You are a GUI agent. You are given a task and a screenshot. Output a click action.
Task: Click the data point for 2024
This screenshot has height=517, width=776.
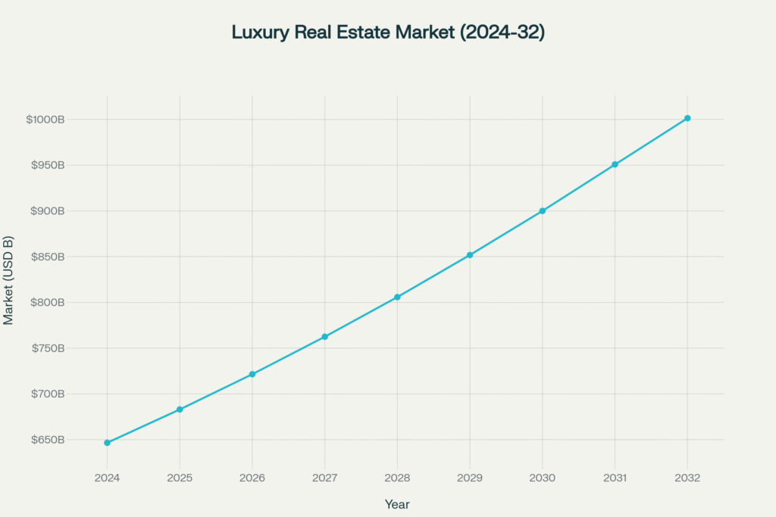[x=107, y=443]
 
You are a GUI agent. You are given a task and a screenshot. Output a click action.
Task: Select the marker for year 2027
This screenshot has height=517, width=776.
[x=324, y=337]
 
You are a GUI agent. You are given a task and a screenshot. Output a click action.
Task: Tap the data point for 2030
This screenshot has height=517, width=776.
[x=543, y=211]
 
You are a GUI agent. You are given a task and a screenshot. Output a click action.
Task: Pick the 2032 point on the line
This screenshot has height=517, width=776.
[x=687, y=118]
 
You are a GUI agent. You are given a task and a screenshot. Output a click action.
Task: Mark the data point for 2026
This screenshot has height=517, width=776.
[x=252, y=374]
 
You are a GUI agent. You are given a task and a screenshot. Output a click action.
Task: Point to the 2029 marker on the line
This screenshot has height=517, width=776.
[x=470, y=255]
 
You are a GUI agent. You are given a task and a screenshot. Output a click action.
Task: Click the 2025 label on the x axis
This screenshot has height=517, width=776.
[x=180, y=478]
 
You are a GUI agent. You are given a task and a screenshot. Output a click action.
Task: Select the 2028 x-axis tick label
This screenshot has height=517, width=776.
[x=397, y=478]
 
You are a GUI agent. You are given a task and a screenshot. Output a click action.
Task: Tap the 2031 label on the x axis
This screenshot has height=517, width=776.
[x=615, y=478]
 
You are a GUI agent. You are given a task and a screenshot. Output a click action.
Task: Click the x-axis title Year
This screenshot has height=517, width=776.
[x=397, y=504]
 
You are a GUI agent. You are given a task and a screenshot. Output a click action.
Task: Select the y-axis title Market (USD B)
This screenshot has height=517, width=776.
[x=8, y=280]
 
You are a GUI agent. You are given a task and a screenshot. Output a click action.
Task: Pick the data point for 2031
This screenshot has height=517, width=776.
[x=615, y=164]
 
